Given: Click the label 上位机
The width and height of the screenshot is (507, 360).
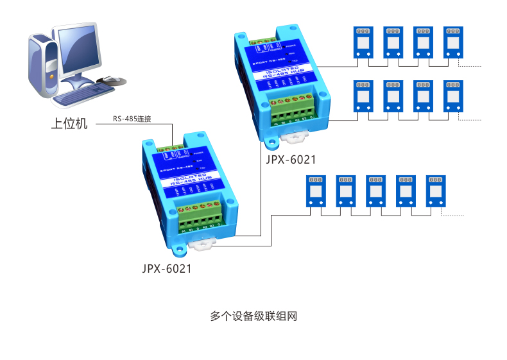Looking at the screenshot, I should pos(69,123).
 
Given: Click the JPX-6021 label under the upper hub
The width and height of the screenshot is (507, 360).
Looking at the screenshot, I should pos(291,159).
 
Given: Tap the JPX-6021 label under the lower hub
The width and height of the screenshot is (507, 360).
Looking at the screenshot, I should pos(167,269).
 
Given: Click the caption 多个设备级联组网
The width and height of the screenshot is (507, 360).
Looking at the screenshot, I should pos(254,316).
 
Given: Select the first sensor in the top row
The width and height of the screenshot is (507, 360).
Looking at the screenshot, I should pos(363,42).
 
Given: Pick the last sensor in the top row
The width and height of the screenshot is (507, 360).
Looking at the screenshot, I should pos(454,42).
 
